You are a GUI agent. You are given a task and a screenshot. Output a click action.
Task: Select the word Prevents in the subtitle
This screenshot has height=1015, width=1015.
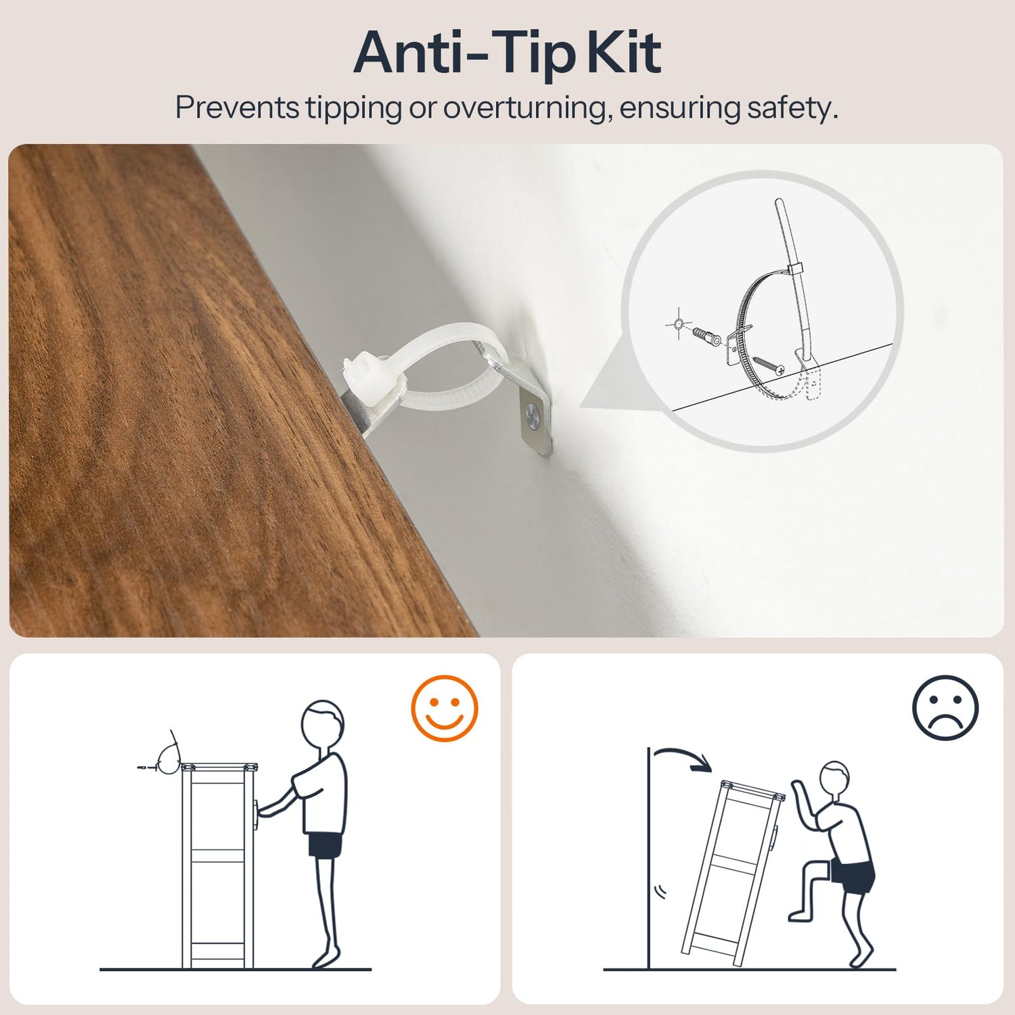click(237, 108)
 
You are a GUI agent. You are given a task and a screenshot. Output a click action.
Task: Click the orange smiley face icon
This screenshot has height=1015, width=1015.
click(445, 708)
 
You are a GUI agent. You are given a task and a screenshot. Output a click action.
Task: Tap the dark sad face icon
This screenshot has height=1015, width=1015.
click(945, 708)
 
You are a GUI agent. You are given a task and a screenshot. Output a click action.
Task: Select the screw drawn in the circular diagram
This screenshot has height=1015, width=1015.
click(768, 364)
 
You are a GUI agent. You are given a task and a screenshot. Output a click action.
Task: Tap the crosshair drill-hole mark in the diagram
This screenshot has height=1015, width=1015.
click(677, 323)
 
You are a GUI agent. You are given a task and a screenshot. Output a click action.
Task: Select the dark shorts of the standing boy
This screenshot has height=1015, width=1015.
click(325, 845)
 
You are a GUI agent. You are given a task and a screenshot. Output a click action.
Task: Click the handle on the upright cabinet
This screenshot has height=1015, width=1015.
click(255, 813)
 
